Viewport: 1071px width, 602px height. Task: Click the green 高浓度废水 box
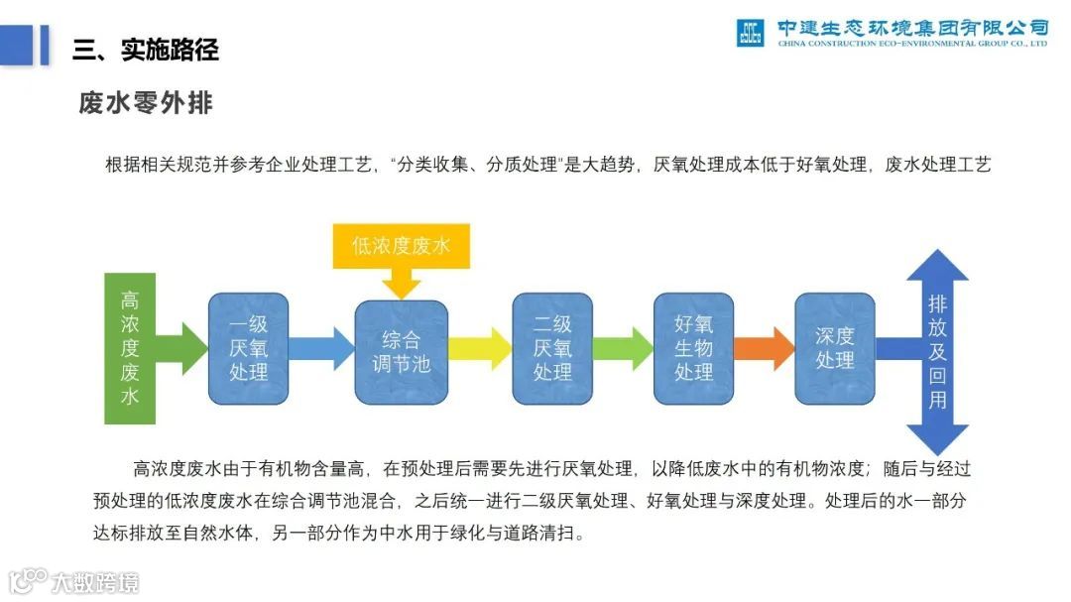[130, 347]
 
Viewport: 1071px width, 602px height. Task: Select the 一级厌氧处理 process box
[248, 348]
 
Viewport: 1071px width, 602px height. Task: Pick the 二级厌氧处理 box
[552, 348]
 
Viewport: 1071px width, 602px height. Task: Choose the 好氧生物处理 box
[694, 348]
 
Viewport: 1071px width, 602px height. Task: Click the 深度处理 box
[835, 348]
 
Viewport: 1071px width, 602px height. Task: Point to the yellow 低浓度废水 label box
[401, 246]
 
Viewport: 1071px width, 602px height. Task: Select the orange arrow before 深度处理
[765, 348]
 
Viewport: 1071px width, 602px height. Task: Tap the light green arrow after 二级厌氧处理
[623, 348]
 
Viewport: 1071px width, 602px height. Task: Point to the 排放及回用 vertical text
[937, 352]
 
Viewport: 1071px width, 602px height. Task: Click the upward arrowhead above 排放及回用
[937, 266]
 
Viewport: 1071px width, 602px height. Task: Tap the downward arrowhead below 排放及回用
[937, 437]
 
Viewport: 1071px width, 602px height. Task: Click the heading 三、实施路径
[146, 49]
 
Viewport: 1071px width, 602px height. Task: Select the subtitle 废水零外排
[146, 102]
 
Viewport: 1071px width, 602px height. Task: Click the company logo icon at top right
[751, 32]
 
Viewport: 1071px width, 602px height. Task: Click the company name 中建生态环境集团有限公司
[912, 27]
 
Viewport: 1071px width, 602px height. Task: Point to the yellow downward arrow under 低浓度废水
[402, 285]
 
